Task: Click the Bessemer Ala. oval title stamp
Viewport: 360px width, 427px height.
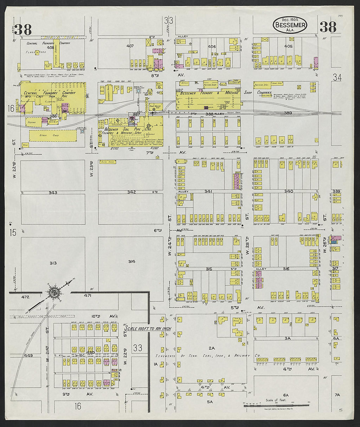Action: click(290, 25)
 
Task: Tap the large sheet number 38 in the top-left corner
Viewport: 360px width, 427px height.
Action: click(23, 29)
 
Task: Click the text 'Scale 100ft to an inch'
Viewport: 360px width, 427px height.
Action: click(148, 328)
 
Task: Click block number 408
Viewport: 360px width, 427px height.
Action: click(50, 47)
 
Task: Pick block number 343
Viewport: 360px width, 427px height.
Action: click(53, 193)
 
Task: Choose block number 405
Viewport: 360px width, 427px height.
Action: click(288, 46)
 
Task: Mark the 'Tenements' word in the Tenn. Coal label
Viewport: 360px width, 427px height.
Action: click(166, 356)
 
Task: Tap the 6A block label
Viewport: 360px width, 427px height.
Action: click(286, 395)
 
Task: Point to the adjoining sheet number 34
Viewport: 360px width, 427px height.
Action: click(337, 77)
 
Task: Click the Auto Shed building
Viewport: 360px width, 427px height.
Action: click(108, 162)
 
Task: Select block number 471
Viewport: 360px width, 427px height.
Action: click(87, 296)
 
